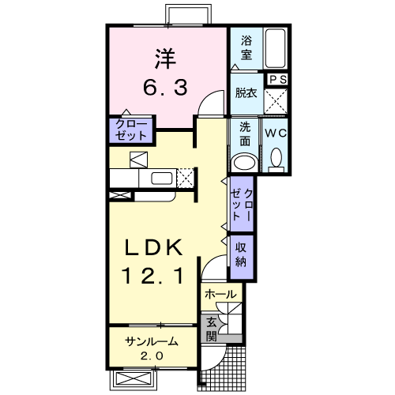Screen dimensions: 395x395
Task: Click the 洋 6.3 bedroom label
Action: coord(165,72)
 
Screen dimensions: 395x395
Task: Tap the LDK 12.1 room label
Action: coord(152,261)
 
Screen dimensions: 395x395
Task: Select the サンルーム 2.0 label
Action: coord(152,348)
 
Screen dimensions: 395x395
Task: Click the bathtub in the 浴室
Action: coord(275,49)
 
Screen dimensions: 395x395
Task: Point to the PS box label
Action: coord(277,79)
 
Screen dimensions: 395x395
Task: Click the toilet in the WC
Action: coord(276,160)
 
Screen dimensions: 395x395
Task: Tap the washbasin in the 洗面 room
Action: coord(246,163)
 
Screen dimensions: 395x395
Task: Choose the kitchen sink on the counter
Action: coord(162,179)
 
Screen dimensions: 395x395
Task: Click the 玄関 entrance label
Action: coord(211,329)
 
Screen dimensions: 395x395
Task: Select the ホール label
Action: coord(220,294)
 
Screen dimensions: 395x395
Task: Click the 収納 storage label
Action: coord(241,254)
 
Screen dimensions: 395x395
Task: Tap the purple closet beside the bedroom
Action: coord(131,130)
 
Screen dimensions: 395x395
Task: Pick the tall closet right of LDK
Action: coord(242,205)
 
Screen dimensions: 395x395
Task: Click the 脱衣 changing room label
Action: coord(246,93)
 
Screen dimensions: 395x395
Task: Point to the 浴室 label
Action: coord(246,47)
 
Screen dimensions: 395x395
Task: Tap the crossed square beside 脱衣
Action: coord(276,101)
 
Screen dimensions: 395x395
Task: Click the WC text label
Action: coord(276,134)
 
